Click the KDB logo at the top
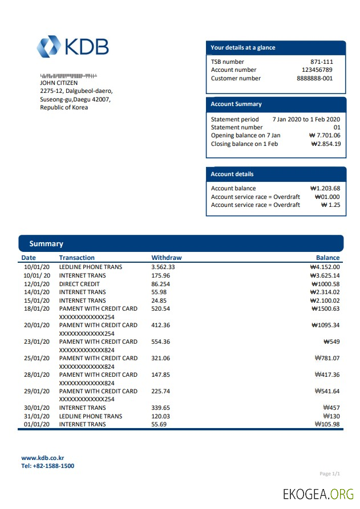click(x=72, y=47)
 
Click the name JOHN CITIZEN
click(x=59, y=83)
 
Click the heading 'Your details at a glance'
click(x=243, y=48)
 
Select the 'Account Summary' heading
click(x=236, y=104)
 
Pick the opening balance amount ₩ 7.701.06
click(x=324, y=136)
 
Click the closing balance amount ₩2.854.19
click(x=326, y=144)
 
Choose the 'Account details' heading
click(x=232, y=174)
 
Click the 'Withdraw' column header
click(x=166, y=258)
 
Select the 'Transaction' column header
click(x=77, y=258)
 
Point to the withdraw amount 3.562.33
click(x=163, y=267)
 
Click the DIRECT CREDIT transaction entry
click(x=79, y=284)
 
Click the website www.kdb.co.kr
click(x=43, y=458)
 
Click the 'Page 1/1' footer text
click(x=330, y=474)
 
